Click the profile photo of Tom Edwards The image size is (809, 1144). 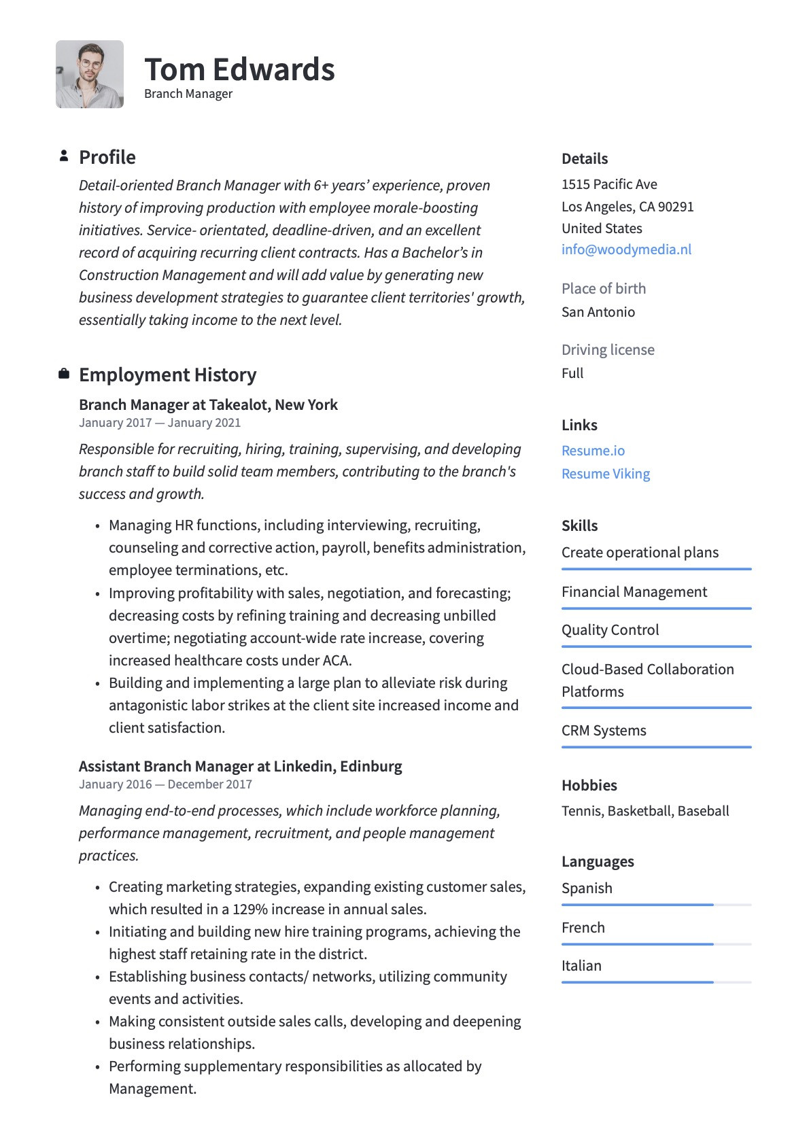point(90,74)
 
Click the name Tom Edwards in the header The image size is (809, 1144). point(239,69)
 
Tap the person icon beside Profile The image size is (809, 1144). point(64,156)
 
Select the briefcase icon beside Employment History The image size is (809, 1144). point(64,374)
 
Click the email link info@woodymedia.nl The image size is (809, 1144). point(626,249)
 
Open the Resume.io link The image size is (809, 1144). point(593,451)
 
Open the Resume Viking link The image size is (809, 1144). point(605,474)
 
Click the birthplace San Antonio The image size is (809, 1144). point(598,312)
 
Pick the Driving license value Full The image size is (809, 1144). point(572,373)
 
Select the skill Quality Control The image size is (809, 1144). point(610,630)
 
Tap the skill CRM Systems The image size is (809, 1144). point(604,731)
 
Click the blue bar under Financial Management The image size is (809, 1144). point(656,608)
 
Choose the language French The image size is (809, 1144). point(583,928)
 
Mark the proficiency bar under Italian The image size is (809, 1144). point(638,982)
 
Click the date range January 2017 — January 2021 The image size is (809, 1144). point(160,423)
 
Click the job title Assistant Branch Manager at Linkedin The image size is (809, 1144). point(207,767)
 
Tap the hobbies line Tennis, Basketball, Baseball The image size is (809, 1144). point(644,811)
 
